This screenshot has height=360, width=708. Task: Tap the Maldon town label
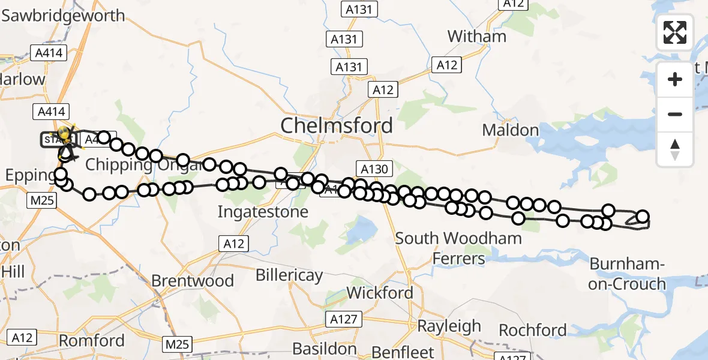pyautogui.click(x=511, y=130)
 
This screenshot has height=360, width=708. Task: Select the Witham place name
pyautogui.click(x=477, y=36)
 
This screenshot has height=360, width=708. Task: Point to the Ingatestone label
pyautogui.click(x=263, y=212)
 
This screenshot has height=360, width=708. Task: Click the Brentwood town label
pyautogui.click(x=192, y=281)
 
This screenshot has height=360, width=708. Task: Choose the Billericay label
pyautogui.click(x=289, y=275)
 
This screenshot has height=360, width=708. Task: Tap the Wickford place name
pyautogui.click(x=380, y=293)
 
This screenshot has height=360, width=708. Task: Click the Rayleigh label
pyautogui.click(x=449, y=326)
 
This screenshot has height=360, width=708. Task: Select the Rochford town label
pyautogui.click(x=533, y=330)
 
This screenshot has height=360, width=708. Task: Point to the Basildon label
pyautogui.click(x=325, y=349)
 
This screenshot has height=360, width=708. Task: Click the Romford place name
pyautogui.click(x=92, y=341)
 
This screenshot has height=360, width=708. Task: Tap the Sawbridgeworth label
pyautogui.click(x=63, y=16)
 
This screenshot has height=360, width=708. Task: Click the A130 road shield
pyautogui.click(x=374, y=170)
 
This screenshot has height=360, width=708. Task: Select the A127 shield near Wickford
pyautogui.click(x=344, y=319)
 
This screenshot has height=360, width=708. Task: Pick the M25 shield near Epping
pyautogui.click(x=42, y=200)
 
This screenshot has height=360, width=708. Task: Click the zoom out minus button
pyautogui.click(x=675, y=114)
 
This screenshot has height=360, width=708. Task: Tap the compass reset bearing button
pyautogui.click(x=675, y=149)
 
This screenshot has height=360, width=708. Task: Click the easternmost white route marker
pyautogui.click(x=643, y=217)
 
